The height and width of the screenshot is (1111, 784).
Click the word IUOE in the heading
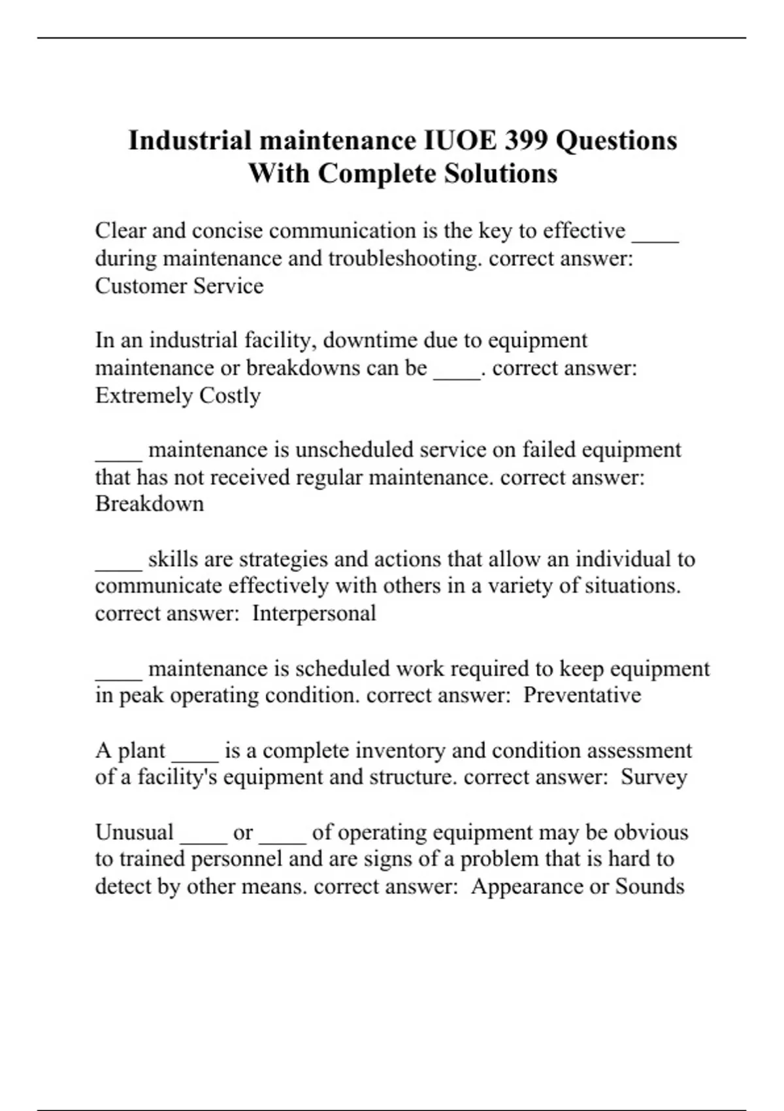[456, 141]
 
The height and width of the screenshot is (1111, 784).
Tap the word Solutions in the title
[501, 174]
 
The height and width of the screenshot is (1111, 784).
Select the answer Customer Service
[179, 286]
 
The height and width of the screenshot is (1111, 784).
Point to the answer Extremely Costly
[178, 395]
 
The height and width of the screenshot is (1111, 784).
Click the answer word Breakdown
[150, 504]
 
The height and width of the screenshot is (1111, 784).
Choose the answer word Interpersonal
[314, 613]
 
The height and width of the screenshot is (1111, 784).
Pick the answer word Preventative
[582, 695]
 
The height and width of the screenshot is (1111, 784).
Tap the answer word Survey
[654, 777]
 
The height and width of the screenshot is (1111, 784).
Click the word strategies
[283, 559]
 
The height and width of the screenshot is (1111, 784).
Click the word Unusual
[135, 833]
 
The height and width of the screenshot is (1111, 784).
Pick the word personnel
[236, 859]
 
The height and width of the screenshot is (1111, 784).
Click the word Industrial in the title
[190, 141]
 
